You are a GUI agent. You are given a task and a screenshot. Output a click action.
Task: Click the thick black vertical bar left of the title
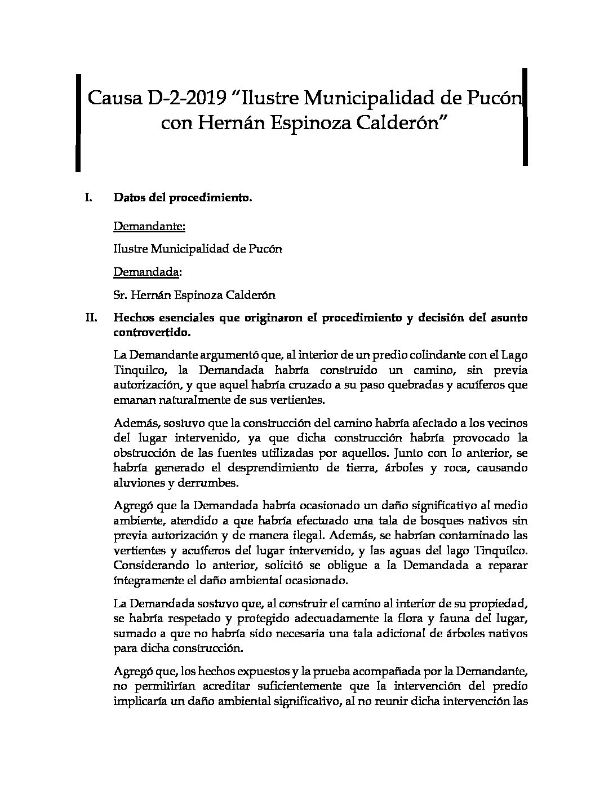pos(78,122)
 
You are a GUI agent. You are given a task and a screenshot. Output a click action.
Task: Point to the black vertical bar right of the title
pos(525,117)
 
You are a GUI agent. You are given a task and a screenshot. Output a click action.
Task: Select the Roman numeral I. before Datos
pos(88,198)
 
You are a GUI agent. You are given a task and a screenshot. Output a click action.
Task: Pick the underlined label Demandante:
pos(149,226)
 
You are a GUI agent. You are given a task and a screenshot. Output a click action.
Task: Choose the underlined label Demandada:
pos(148,272)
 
